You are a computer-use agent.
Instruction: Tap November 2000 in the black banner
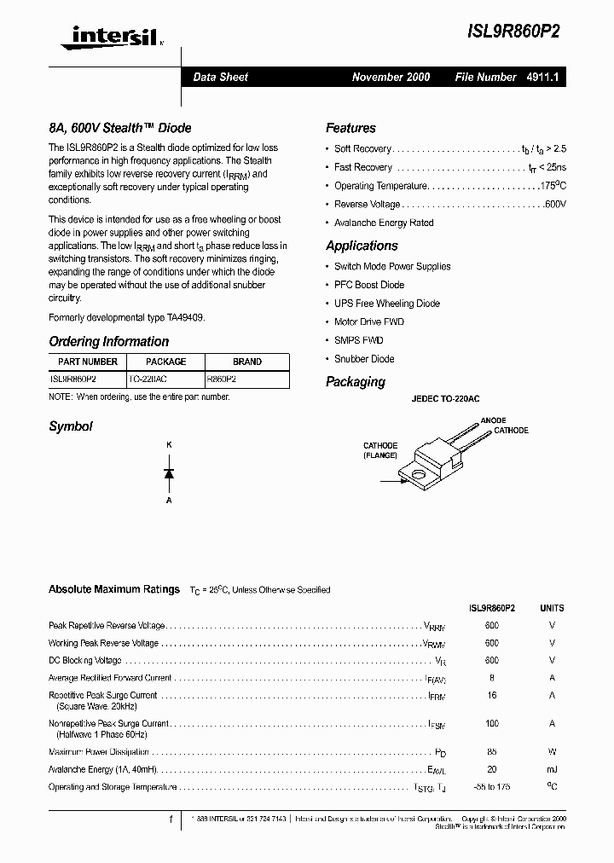coord(391,77)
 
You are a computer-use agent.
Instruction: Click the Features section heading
coord(350,128)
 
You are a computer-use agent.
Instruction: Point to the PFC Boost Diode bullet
coord(369,285)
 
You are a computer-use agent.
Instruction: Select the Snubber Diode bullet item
coord(364,359)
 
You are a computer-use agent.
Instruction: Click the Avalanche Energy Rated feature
coord(384,223)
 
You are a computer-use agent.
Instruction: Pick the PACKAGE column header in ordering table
coord(166,362)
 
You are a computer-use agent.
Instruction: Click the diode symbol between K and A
coord(169,472)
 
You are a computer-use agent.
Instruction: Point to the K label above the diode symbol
coord(169,444)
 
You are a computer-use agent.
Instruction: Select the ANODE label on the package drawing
coord(493,420)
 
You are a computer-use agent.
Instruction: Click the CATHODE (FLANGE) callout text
coord(380,450)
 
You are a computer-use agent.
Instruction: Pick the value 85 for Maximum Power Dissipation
coord(491,752)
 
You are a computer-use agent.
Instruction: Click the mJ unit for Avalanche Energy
coord(552,769)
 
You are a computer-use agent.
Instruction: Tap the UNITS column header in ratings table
coord(552,608)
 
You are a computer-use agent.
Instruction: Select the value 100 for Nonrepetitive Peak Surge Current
coord(491,723)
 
